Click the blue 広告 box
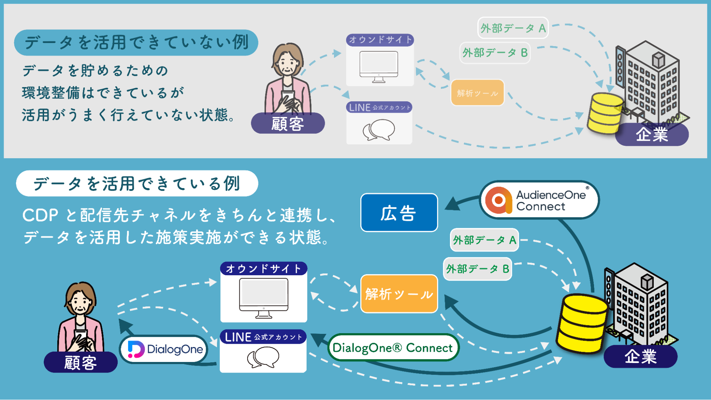click(x=399, y=213)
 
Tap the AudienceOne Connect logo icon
click(x=499, y=200)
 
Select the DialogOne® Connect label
click(x=393, y=347)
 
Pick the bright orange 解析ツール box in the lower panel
click(x=399, y=294)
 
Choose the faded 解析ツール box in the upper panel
click(x=477, y=93)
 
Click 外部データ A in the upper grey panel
click(x=513, y=28)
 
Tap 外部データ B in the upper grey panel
click(x=495, y=53)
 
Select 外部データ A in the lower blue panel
click(x=484, y=240)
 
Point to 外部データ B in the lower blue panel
click(x=477, y=269)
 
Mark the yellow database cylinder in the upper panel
click(x=605, y=113)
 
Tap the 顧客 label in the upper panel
click(x=288, y=124)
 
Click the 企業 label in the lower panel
click(x=641, y=356)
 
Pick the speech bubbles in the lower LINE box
click(x=263, y=357)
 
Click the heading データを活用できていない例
click(x=136, y=43)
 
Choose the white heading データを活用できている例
click(x=137, y=183)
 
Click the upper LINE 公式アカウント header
click(x=379, y=107)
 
